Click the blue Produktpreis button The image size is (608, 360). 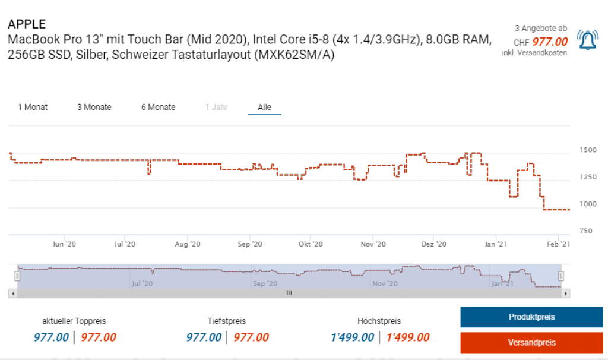pos(531,317)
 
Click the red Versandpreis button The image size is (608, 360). pos(531,343)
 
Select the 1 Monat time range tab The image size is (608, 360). pos(33,107)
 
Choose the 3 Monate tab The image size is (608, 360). pos(94,107)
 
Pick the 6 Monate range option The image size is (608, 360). pos(158,107)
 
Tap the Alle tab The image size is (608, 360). pos(264,107)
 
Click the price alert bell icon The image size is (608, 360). pos(587,40)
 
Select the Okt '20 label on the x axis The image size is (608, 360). pos(311,244)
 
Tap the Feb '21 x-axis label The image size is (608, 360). pos(558,244)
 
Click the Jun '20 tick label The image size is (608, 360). pos(64,244)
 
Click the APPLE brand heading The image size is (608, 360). pos(27,24)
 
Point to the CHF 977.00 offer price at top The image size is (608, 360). pos(549,42)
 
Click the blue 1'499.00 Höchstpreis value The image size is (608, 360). pos(353,337)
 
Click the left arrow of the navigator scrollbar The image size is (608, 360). pos(12,293)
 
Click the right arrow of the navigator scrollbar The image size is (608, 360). pos(566,293)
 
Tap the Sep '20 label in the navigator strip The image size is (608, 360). pos(264,283)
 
